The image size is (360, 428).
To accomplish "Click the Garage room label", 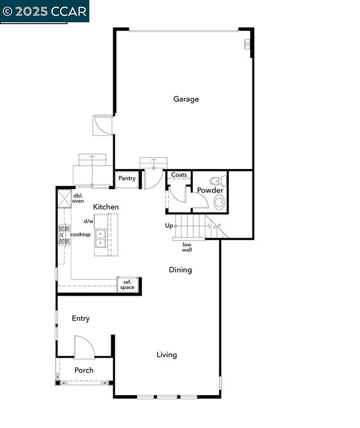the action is (186, 99).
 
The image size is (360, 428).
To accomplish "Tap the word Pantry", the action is (127, 178).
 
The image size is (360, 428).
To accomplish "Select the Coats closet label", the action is (179, 175).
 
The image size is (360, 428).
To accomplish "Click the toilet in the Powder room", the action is (218, 181).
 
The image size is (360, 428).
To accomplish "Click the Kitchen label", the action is (106, 207).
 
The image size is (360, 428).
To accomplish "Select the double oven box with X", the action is (64, 199).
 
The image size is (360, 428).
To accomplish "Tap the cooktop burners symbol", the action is (64, 234).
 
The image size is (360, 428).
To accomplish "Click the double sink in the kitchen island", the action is (101, 238).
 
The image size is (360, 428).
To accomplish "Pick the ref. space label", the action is (127, 285).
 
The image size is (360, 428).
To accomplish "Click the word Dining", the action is (180, 270).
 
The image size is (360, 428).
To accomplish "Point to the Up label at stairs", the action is (169, 226).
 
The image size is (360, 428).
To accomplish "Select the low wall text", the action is (187, 247).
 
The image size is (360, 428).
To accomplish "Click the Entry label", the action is (80, 319).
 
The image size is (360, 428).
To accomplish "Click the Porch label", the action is (84, 370).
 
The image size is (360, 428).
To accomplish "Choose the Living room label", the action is (167, 355).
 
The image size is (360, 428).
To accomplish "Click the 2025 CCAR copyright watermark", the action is (45, 12).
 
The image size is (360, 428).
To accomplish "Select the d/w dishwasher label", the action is (88, 221).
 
